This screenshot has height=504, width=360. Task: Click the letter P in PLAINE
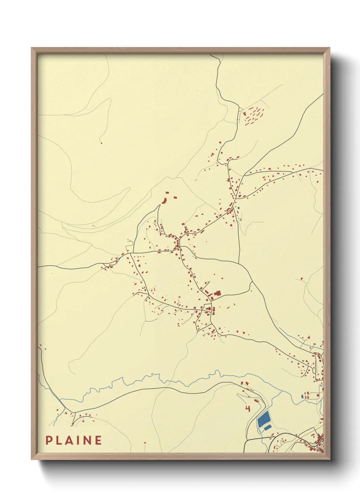[49, 440]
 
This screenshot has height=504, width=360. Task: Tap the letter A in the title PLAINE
[68, 440]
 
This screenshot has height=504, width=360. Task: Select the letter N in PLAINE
[87, 440]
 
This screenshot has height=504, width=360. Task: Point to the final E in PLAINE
[98, 440]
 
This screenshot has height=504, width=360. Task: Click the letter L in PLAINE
[58, 440]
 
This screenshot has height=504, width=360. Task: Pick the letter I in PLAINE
[78, 440]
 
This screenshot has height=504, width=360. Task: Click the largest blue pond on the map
[264, 419]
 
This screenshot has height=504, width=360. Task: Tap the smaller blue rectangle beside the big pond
[268, 427]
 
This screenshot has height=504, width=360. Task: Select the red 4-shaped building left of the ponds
[248, 408]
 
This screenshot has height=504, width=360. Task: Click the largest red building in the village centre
[217, 294]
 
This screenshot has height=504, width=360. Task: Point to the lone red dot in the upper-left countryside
[101, 143]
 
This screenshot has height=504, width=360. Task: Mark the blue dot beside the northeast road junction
[239, 208]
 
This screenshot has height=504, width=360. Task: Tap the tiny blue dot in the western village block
[145, 263]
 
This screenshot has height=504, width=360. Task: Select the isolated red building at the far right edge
[301, 279]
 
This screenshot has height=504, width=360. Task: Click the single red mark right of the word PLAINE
[145, 443]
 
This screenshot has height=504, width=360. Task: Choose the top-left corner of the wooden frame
[32, 48]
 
